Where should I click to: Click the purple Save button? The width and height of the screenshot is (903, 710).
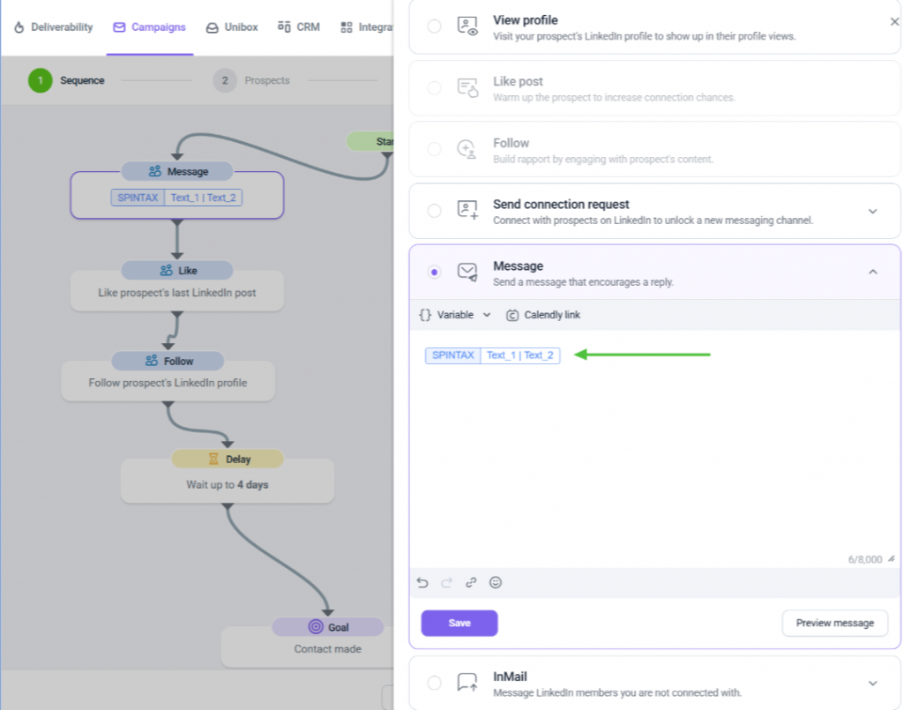coord(459,623)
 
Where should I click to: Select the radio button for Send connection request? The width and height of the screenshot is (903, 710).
coord(434,211)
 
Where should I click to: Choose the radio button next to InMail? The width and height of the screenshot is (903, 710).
coord(434,683)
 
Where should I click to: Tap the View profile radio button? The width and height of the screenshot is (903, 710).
coord(434,26)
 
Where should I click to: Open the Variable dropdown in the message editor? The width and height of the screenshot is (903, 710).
coord(455,315)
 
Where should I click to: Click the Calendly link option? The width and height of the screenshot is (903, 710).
coord(543,315)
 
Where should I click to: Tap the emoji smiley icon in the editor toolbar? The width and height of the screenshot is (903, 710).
coord(496,583)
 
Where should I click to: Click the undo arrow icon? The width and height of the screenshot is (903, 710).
coord(422,583)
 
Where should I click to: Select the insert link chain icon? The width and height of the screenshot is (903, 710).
coord(471,583)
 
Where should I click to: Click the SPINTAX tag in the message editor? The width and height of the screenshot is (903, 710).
coord(452,355)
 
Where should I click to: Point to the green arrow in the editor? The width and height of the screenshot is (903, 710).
coord(643,355)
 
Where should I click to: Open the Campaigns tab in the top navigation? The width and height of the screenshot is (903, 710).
coord(150,27)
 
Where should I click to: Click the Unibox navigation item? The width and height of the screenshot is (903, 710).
coord(232,27)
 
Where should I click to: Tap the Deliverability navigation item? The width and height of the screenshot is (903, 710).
coord(53,27)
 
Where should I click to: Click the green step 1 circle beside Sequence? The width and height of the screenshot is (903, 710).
coord(41,80)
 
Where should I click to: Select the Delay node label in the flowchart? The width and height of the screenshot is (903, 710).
coord(228,459)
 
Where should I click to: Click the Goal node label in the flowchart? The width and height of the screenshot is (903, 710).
coord(328,627)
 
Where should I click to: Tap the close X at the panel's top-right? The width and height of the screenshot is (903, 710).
coord(894,21)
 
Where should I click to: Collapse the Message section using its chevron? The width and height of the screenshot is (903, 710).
coord(873,272)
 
